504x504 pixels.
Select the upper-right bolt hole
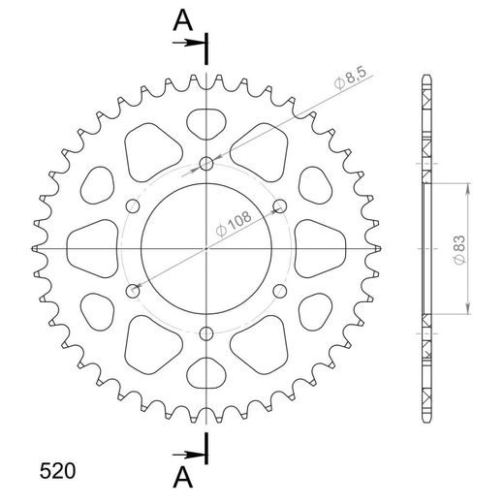(x=280, y=205)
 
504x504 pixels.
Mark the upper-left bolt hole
(x=132, y=205)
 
